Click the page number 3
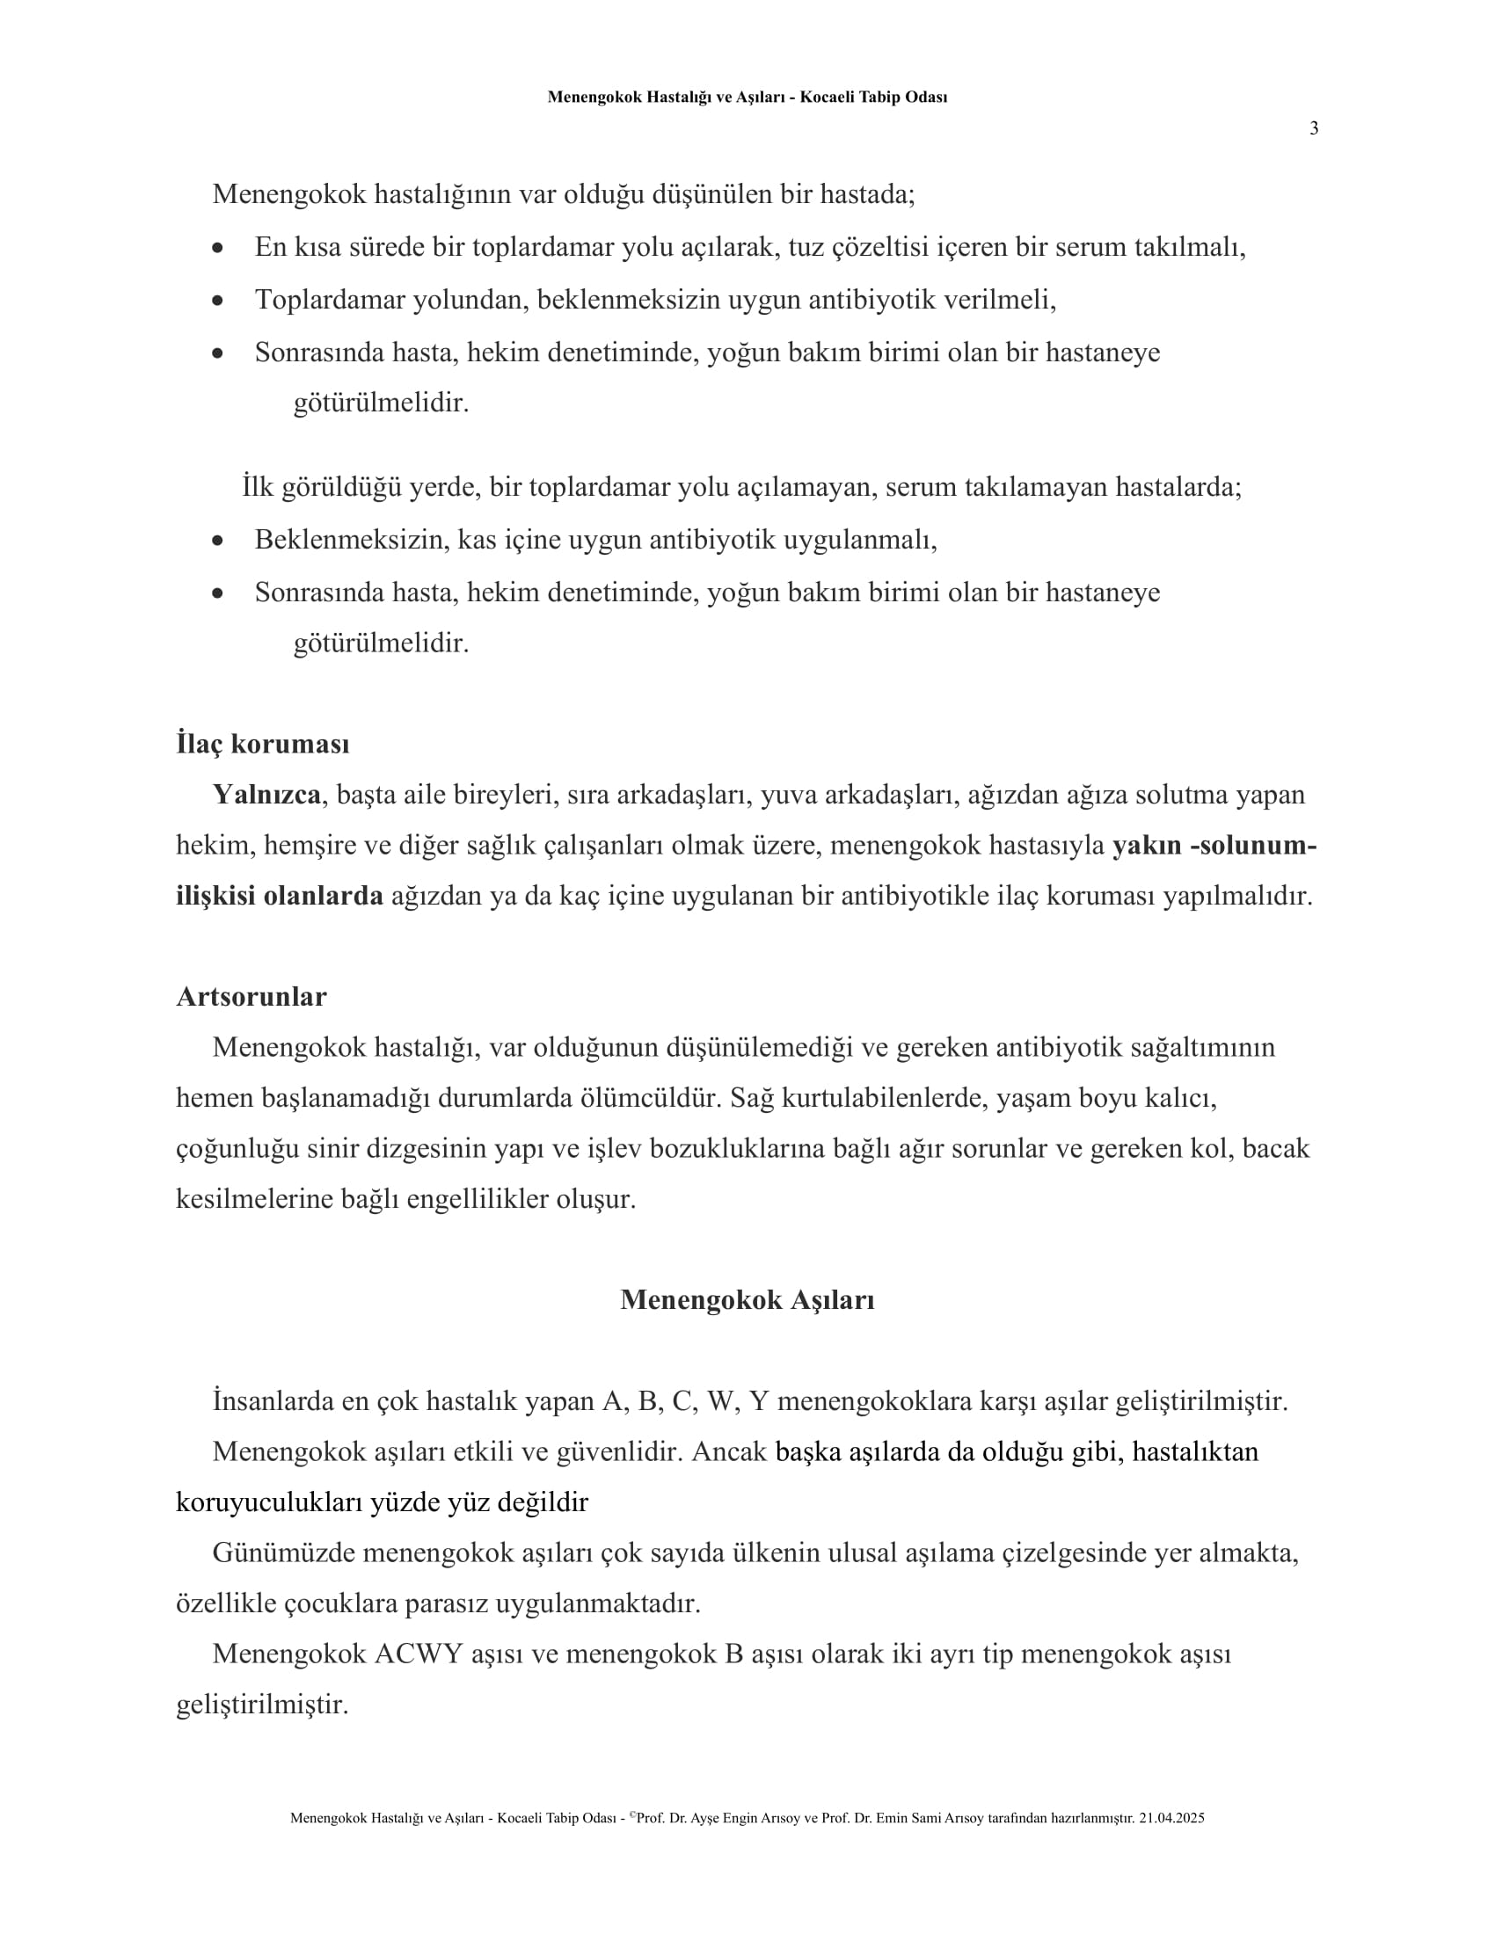click(1314, 128)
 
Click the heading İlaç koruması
click(262, 744)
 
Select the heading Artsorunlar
click(251, 996)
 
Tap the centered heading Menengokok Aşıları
click(747, 1299)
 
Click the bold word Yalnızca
click(266, 795)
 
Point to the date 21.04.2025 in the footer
click(1171, 1818)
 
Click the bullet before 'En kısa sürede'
click(218, 249)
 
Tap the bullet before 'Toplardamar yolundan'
click(218, 301)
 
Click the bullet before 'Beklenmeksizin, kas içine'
click(218, 541)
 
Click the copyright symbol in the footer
click(632, 1814)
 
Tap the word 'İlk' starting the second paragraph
click(257, 486)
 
